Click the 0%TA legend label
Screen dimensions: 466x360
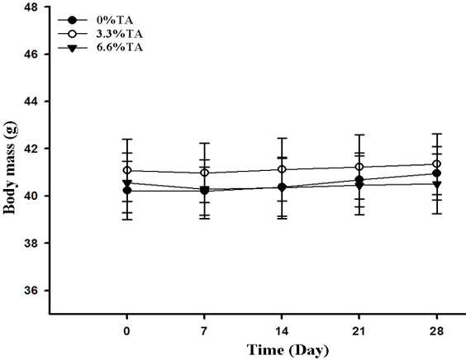pyautogui.click(x=115, y=20)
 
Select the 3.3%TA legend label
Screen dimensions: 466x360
pyautogui.click(x=120, y=34)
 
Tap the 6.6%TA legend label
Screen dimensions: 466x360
pyautogui.click(x=120, y=48)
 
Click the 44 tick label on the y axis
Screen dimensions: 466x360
pyautogui.click(x=31, y=102)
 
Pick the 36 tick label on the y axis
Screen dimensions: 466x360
pyautogui.click(x=31, y=291)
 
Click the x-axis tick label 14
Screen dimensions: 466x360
pyautogui.click(x=282, y=331)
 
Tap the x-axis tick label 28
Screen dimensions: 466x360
pyautogui.click(x=437, y=331)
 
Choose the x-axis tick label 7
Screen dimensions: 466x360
pyautogui.click(x=204, y=331)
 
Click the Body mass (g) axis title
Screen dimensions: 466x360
pyautogui.click(x=10, y=168)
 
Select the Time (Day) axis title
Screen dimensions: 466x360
pyautogui.click(x=288, y=350)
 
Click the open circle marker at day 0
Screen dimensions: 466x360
pyautogui.click(x=127, y=170)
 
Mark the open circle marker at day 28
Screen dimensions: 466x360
pyautogui.click(x=437, y=163)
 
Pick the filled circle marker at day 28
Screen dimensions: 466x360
pyautogui.click(x=437, y=173)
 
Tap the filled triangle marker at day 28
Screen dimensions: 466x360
pyautogui.click(x=437, y=184)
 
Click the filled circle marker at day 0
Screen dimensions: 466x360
pyautogui.click(x=127, y=190)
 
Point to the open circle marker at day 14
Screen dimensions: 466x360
pyautogui.click(x=282, y=169)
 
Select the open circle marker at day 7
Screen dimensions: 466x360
pyautogui.click(x=204, y=173)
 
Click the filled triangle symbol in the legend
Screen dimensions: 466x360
pyautogui.click(x=73, y=48)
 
